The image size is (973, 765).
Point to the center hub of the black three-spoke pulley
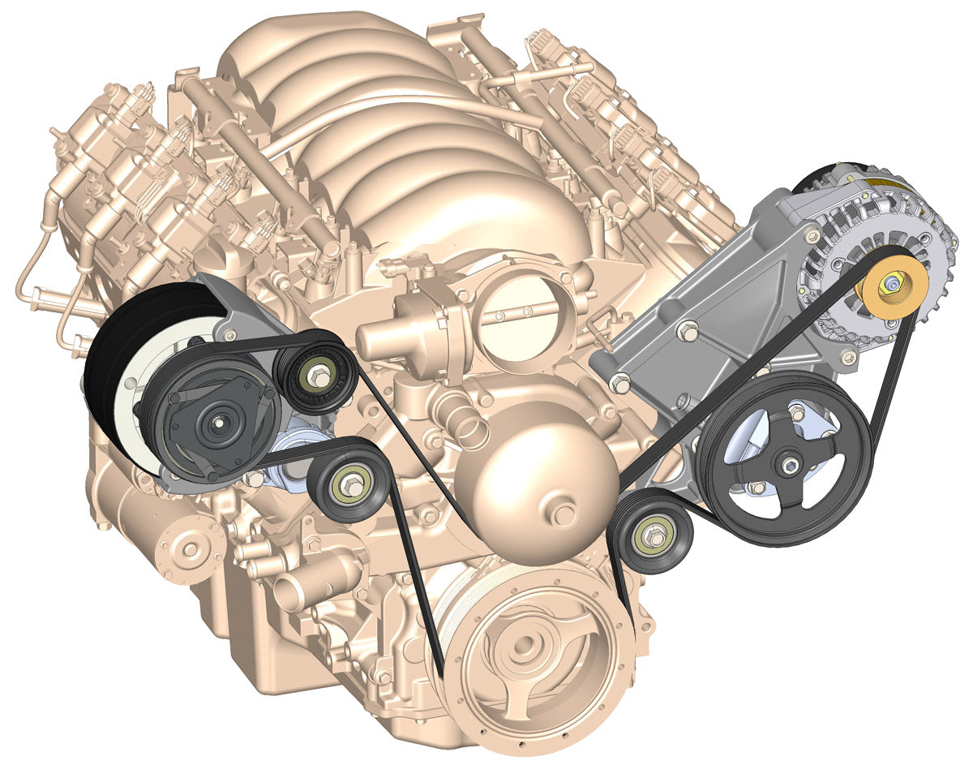(787, 464)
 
